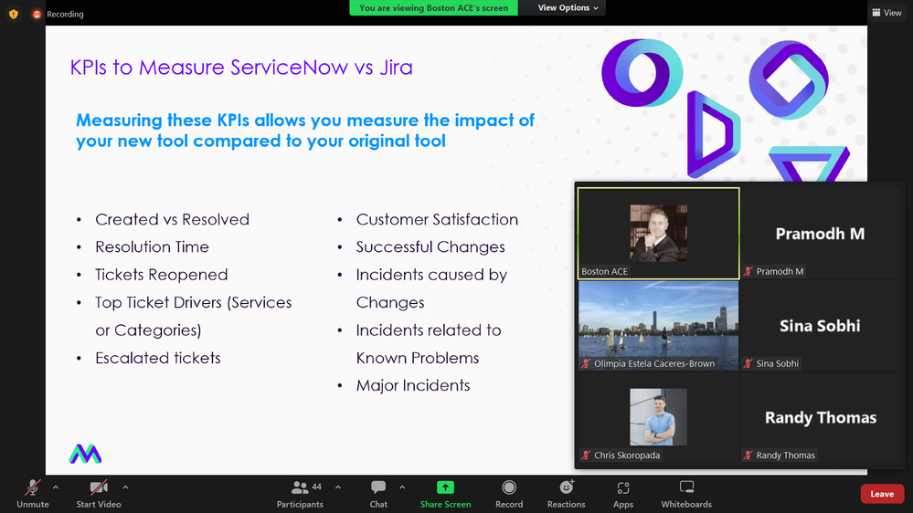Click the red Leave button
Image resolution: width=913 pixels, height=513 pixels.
click(x=882, y=494)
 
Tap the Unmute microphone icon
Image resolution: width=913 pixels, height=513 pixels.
click(x=33, y=487)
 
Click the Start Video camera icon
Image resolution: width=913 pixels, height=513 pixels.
click(x=99, y=487)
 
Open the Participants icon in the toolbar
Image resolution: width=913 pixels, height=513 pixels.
click(x=300, y=487)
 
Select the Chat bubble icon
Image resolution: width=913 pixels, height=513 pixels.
click(x=378, y=487)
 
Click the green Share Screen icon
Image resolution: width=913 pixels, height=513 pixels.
click(x=445, y=487)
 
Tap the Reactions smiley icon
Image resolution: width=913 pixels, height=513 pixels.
click(x=567, y=487)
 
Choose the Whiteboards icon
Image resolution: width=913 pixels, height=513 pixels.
click(x=686, y=487)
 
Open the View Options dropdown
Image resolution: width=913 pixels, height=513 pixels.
click(x=568, y=7)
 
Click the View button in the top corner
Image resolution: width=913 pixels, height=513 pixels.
click(x=886, y=12)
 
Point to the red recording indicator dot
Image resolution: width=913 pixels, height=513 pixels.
click(x=37, y=14)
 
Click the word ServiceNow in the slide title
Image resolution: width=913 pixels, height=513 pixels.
click(x=290, y=68)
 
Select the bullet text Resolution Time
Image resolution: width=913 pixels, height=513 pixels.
click(x=152, y=246)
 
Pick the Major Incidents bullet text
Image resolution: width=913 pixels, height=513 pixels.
click(x=413, y=385)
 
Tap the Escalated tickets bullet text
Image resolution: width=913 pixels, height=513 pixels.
click(x=158, y=358)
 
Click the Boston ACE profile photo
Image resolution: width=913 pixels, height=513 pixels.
click(x=659, y=233)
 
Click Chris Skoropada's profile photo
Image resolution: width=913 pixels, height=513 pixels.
click(x=659, y=417)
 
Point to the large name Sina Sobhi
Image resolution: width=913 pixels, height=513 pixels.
click(x=820, y=326)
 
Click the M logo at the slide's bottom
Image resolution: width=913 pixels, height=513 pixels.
click(x=86, y=454)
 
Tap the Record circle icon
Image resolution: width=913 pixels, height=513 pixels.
click(x=509, y=487)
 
